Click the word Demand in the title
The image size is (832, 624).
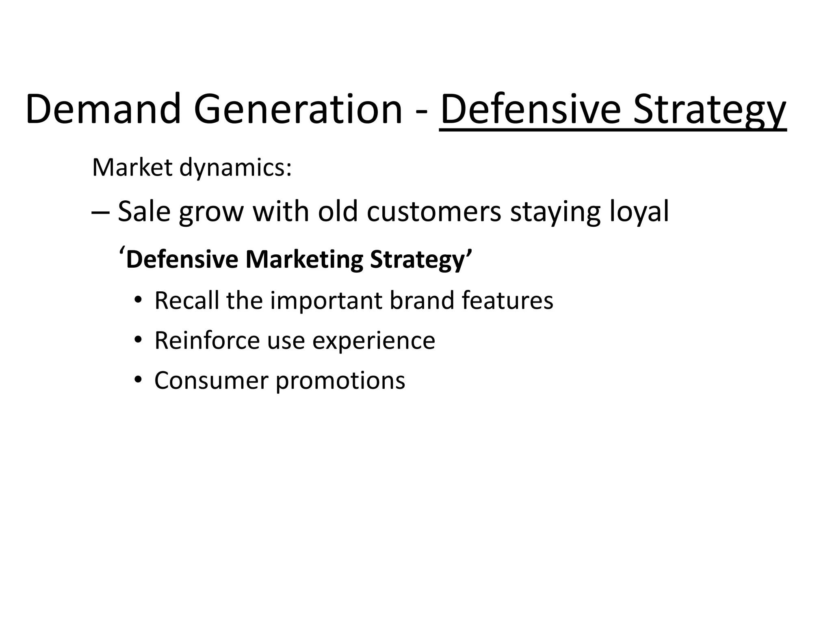pos(103,109)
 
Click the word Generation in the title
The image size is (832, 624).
pos(298,109)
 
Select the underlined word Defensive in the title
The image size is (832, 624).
pos(531,109)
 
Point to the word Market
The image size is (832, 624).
pos(132,167)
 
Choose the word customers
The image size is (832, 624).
pos(434,212)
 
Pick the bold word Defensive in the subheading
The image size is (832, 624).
pos(182,260)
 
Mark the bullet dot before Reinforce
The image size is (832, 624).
pos(138,340)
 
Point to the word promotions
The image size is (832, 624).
pos(340,381)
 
